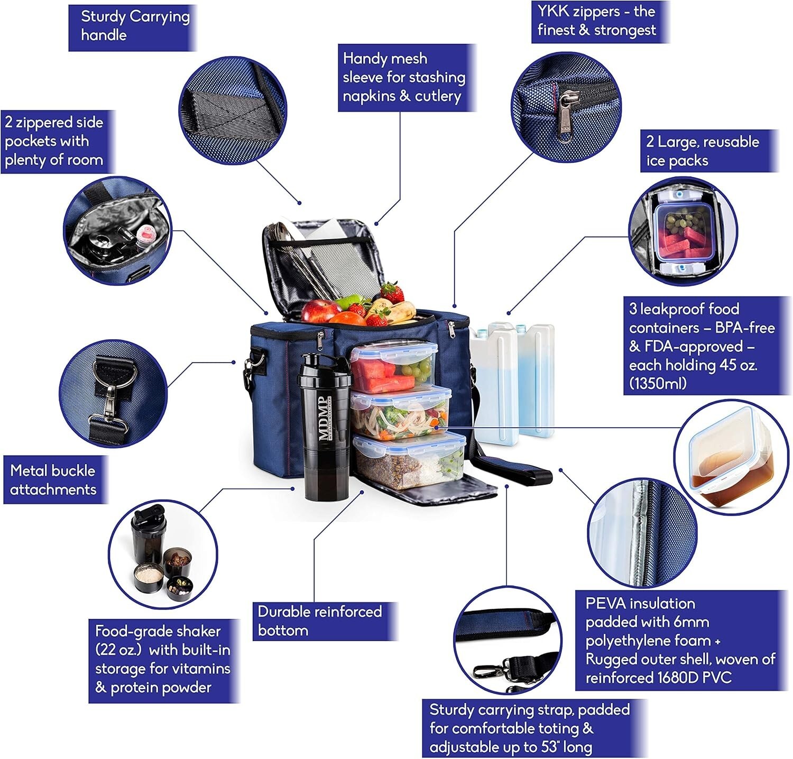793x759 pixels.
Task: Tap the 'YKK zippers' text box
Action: click(x=600, y=21)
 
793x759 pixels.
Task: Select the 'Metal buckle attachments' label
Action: click(x=56, y=480)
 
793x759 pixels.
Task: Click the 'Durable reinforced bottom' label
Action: click(x=325, y=621)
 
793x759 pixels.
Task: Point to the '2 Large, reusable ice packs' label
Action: click(x=709, y=151)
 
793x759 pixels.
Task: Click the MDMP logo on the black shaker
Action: click(x=323, y=418)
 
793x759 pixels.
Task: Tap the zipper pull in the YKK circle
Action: click(x=566, y=116)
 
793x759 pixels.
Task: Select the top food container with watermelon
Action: click(x=394, y=365)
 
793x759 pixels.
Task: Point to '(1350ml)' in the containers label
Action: click(x=658, y=383)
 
